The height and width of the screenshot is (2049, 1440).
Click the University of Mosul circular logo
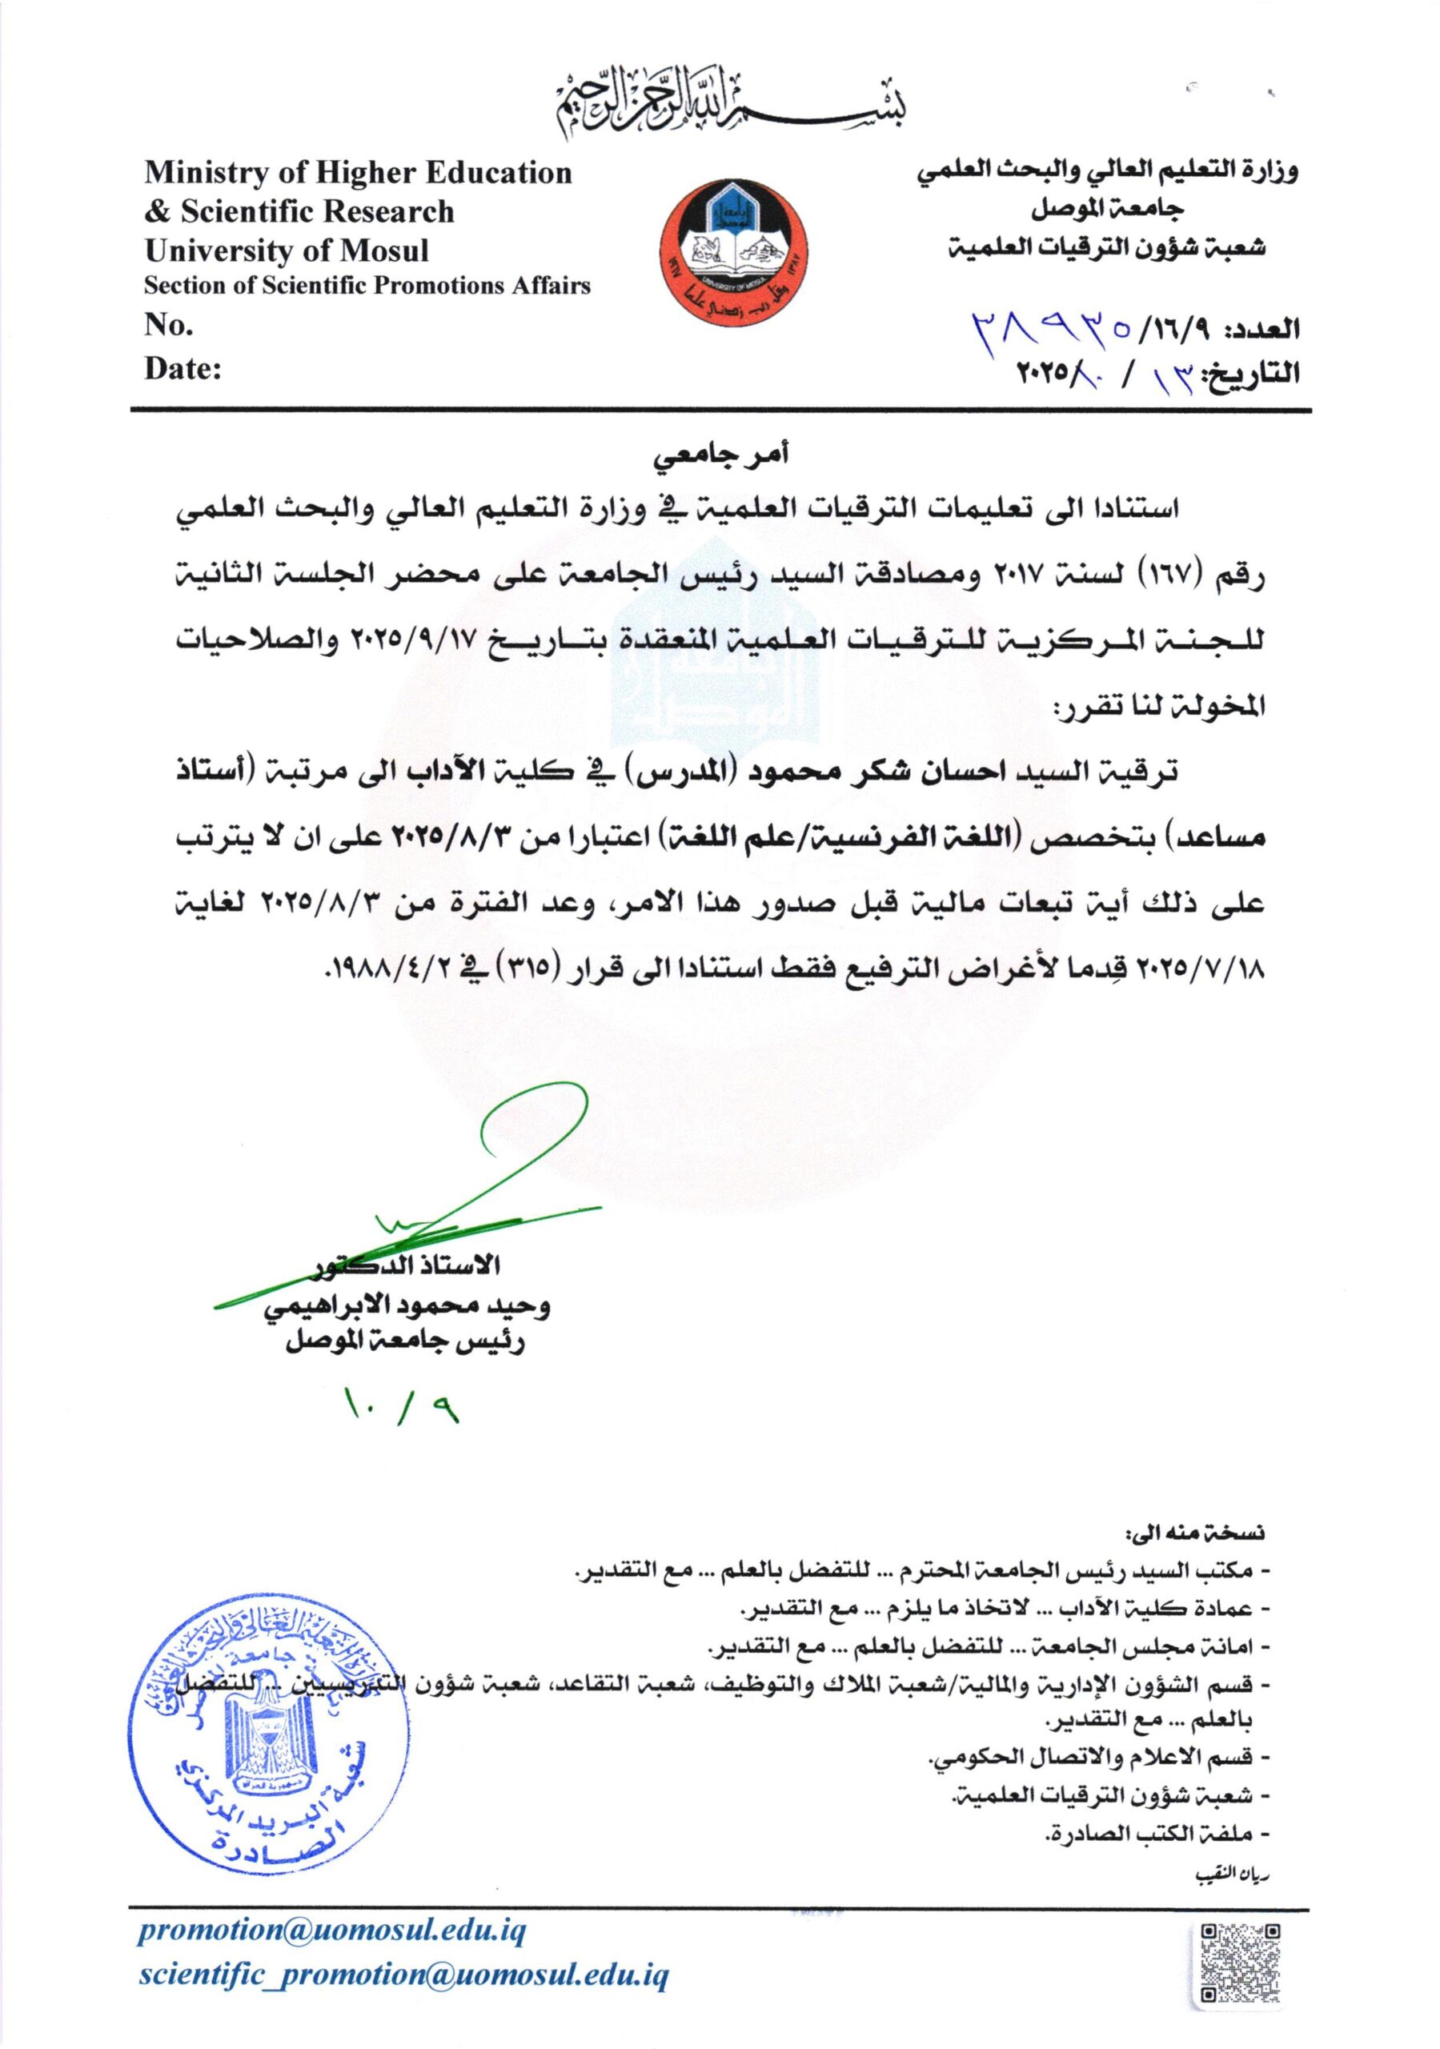(734, 246)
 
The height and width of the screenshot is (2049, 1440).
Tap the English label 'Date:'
(183, 368)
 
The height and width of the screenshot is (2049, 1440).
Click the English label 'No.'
(169, 326)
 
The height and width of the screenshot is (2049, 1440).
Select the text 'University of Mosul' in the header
(287, 250)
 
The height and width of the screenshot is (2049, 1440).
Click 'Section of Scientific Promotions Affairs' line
(367, 287)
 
